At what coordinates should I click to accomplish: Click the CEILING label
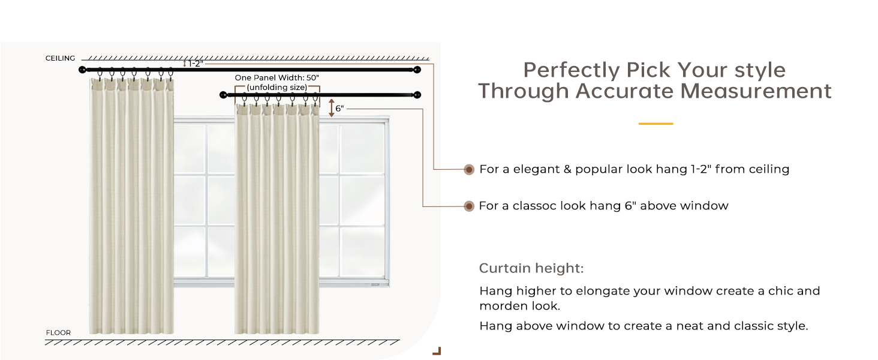click(60, 58)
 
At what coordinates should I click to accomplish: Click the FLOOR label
click(58, 332)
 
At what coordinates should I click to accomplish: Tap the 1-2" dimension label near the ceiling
click(195, 63)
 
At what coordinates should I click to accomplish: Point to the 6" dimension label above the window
click(339, 109)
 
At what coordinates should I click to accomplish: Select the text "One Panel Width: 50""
click(276, 78)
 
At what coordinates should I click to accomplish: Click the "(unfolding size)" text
click(276, 88)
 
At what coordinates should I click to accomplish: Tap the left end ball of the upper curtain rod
click(83, 70)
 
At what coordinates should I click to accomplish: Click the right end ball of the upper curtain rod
click(417, 70)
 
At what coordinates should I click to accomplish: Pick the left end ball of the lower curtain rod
click(223, 95)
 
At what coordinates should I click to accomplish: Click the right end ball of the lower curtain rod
click(417, 95)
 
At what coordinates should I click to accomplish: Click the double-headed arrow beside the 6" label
click(331, 108)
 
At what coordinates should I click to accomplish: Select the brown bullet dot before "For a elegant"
click(469, 170)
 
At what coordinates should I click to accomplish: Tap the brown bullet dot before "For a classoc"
click(469, 206)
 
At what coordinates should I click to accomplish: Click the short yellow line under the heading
click(656, 124)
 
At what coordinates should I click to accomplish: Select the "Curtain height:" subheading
click(531, 268)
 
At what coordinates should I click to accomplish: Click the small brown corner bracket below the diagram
click(437, 351)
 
